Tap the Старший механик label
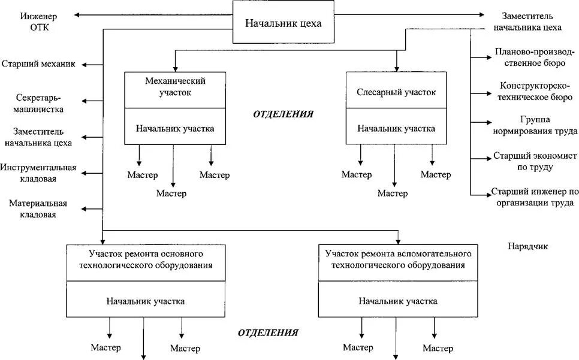[38, 64]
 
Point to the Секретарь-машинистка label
[40, 103]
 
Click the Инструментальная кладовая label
[39, 173]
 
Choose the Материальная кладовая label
[38, 208]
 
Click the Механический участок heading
[176, 87]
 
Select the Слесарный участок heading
[396, 93]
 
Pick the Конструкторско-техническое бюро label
[535, 91]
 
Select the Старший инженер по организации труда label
[534, 197]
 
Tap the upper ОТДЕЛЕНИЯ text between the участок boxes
[284, 114]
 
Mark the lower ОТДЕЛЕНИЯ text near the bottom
[268, 332]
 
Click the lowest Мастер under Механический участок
[171, 193]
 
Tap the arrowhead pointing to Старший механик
[85, 64]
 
